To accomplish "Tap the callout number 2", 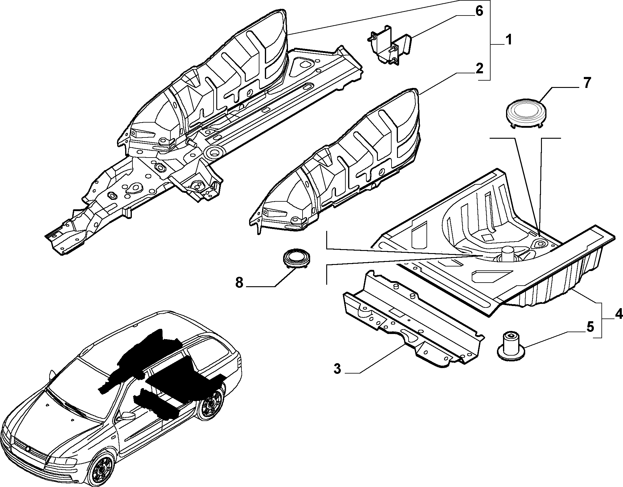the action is (479, 69).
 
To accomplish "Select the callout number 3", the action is (337, 369).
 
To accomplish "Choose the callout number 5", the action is (590, 328).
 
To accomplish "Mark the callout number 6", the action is (479, 11).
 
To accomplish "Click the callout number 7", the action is (586, 83).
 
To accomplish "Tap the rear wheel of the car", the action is (211, 404).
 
